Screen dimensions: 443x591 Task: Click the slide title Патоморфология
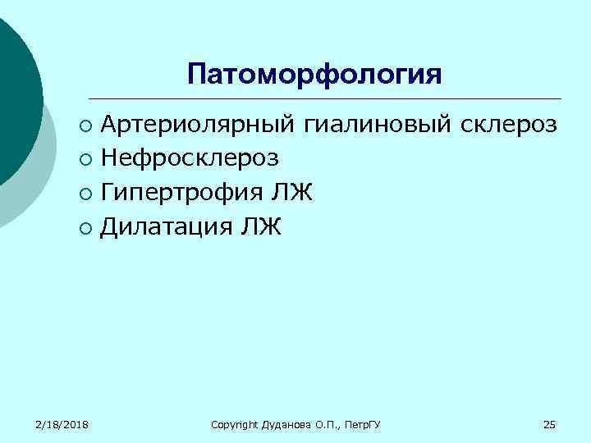tap(314, 74)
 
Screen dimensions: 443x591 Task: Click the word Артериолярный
tap(199, 126)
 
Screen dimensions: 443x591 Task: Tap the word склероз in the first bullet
tap(511, 126)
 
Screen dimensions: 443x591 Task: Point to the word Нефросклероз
tap(190, 158)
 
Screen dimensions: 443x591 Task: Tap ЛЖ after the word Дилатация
tap(261, 226)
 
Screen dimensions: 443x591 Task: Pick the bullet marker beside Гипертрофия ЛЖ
tap(86, 194)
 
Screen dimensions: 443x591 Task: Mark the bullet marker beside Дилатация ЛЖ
tap(86, 227)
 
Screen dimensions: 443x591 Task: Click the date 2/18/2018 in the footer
tap(62, 423)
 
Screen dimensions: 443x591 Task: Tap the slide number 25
tap(549, 423)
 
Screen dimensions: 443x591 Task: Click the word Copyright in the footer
tap(235, 424)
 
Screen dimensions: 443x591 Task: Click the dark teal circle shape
tap(12, 98)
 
